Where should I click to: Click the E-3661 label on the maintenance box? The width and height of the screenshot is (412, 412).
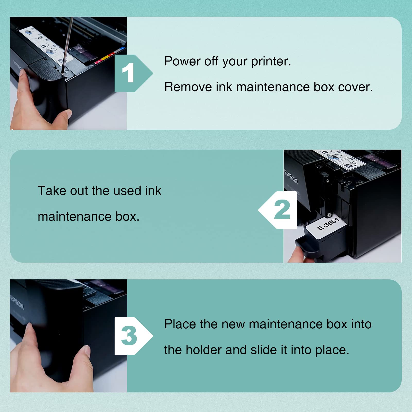coord(328,224)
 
